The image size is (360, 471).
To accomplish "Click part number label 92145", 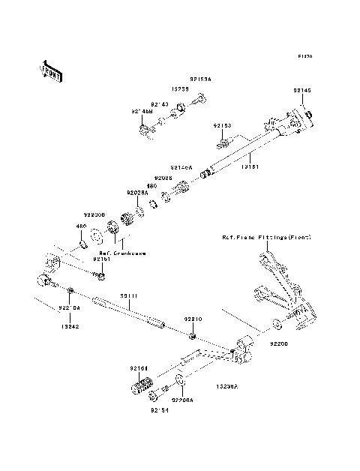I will tap(301, 90).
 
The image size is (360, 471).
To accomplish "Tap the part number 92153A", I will tap(200, 79).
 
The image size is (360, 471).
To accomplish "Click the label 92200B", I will tap(94, 214).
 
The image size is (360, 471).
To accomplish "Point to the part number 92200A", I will tap(182, 400).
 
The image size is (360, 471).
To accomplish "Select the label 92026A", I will tap(137, 192).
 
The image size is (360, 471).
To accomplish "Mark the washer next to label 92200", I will tap(277, 324).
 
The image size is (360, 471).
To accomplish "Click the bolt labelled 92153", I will tap(223, 142).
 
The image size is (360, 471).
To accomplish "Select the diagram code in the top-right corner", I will tap(304, 56).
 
